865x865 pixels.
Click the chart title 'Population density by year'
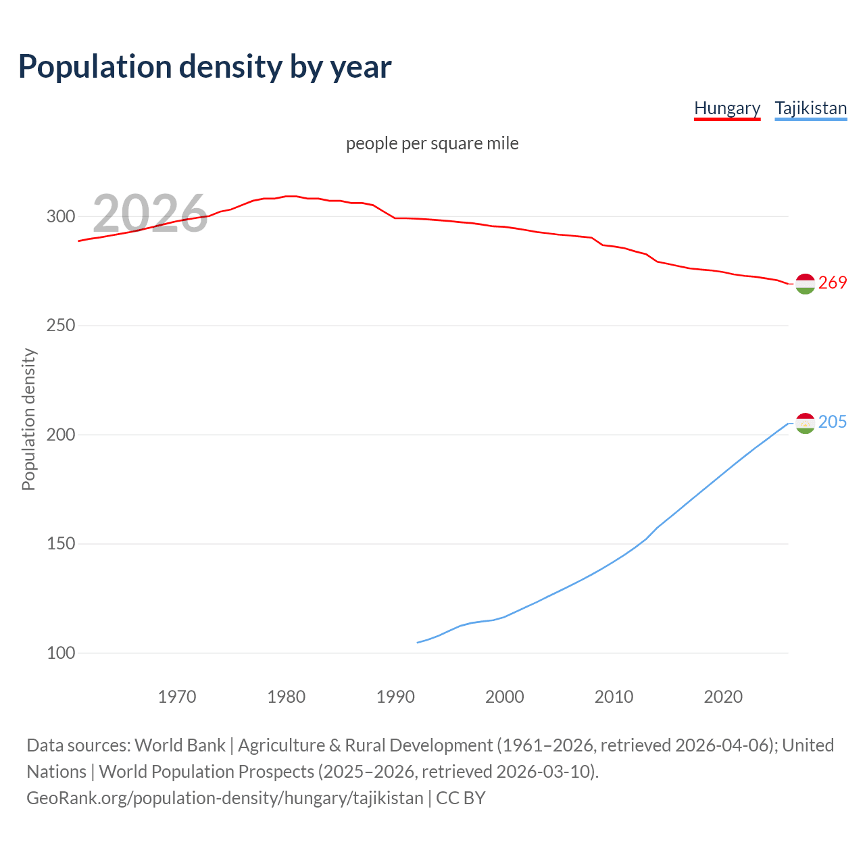click(205, 67)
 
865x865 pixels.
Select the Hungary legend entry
click(727, 108)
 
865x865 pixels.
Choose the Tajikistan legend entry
click(810, 108)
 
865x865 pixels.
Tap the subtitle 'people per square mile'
click(432, 143)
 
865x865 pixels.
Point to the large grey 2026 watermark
click(150, 214)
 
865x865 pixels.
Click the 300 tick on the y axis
click(60, 217)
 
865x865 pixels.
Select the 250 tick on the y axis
click(60, 326)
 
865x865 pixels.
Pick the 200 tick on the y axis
click(60, 435)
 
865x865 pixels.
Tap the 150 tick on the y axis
click(60, 544)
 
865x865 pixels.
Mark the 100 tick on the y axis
click(60, 653)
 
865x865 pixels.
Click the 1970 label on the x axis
click(177, 697)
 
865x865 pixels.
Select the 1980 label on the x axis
click(287, 697)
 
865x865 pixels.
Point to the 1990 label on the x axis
click(395, 697)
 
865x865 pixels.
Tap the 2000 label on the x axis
click(505, 697)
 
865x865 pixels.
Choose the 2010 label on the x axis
click(614, 697)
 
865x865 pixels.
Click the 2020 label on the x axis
click(723, 697)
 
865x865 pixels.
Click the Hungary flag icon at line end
click(805, 285)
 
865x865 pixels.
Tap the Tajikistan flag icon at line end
click(805, 423)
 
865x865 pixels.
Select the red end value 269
click(833, 282)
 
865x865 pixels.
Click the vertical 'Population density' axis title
click(28, 419)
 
